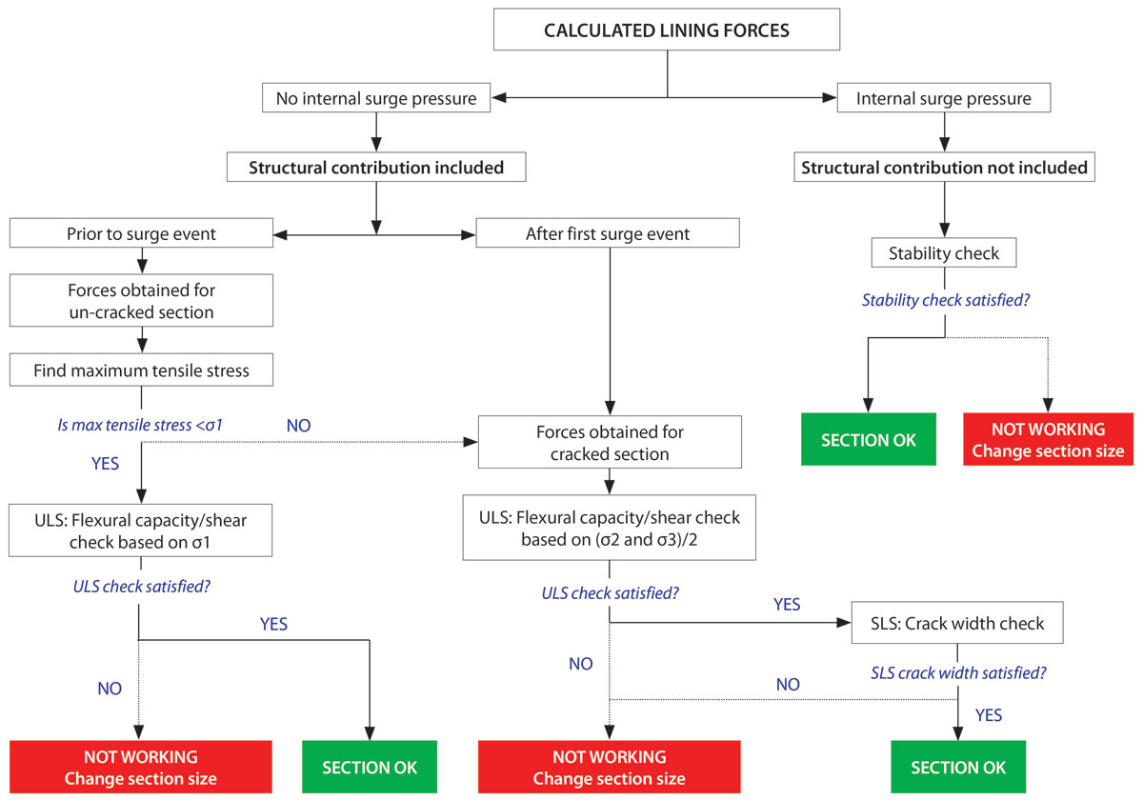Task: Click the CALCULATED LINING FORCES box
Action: [x=667, y=30]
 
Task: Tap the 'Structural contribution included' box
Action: [x=376, y=168]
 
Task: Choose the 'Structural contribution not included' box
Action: [x=944, y=168]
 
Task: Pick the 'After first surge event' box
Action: [x=608, y=233]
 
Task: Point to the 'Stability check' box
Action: [x=944, y=253]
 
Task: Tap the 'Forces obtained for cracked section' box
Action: [x=610, y=443]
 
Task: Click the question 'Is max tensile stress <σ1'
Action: [x=140, y=424]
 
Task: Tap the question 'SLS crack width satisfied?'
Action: [x=958, y=672]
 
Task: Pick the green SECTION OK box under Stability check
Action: [x=868, y=440]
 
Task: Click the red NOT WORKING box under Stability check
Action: [x=1048, y=440]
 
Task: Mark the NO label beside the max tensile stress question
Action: [x=298, y=424]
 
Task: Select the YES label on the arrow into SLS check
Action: [x=787, y=604]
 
